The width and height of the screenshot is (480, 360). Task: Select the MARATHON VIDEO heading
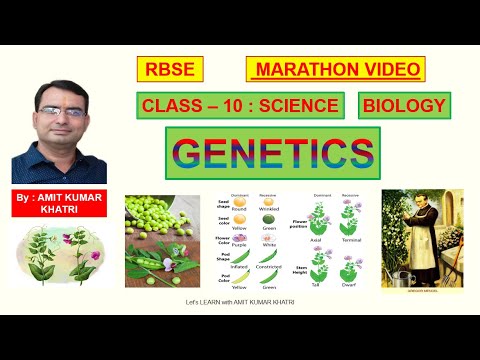(x=335, y=69)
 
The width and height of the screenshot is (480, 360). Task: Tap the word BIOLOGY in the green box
(x=403, y=106)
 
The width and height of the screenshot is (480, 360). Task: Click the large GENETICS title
(x=271, y=153)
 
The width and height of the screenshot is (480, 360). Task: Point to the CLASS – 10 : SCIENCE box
(x=241, y=106)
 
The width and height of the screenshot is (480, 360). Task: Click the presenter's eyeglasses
(x=59, y=113)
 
